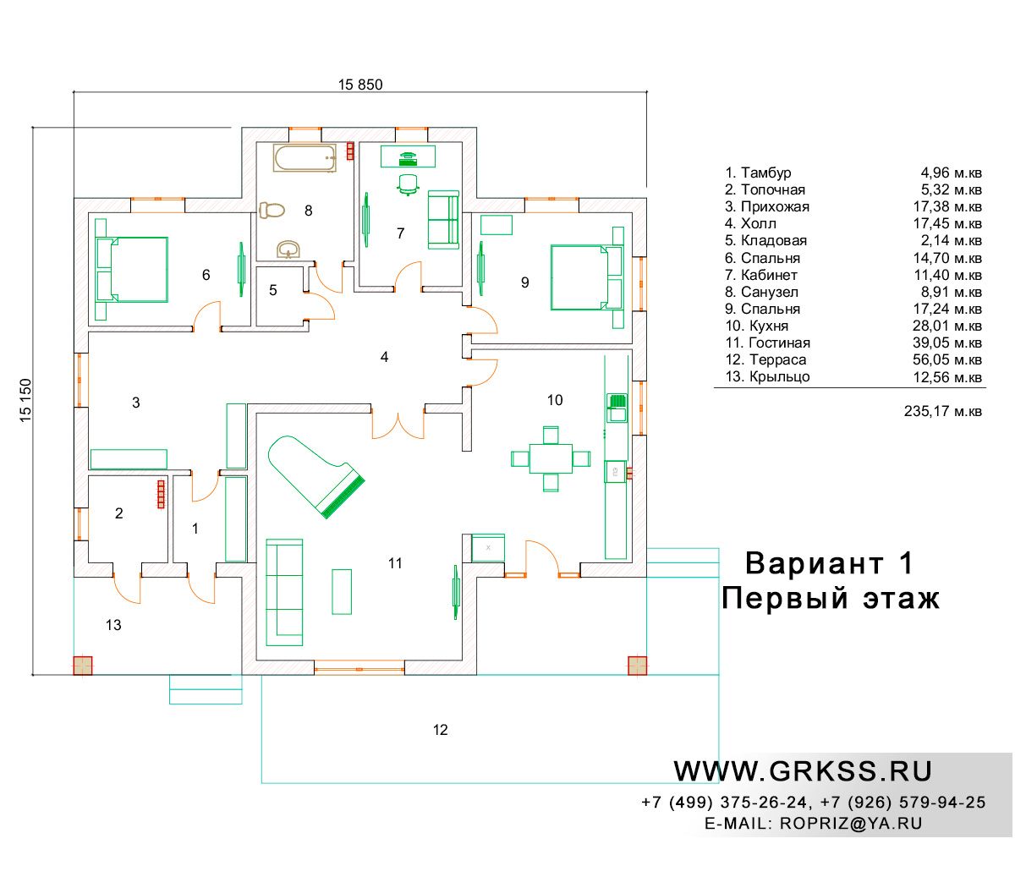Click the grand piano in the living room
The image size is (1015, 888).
(x=315, y=475)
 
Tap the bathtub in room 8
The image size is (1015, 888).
(x=304, y=158)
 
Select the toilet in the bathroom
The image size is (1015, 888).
(x=272, y=211)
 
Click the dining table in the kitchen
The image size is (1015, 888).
(x=550, y=458)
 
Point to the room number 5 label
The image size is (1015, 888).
(x=273, y=290)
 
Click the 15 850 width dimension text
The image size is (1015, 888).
(x=360, y=85)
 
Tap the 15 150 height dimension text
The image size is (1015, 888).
(x=25, y=400)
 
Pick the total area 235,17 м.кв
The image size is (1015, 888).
(x=942, y=411)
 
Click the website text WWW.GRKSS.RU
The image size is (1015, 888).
(x=802, y=771)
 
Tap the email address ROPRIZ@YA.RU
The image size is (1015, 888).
(x=851, y=824)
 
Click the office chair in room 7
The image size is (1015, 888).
(x=408, y=184)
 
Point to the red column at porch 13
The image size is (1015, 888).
(x=83, y=666)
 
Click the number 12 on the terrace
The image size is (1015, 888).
(x=440, y=730)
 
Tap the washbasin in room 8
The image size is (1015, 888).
(x=288, y=249)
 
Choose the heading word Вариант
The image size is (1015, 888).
(x=814, y=563)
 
